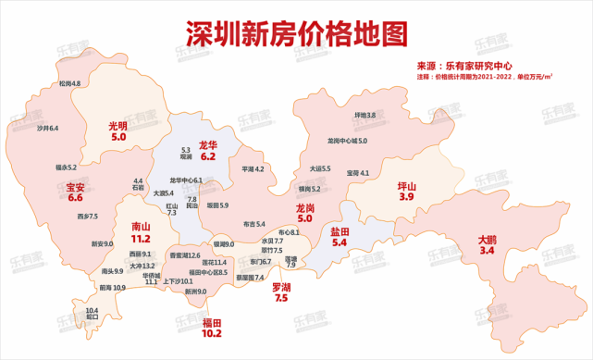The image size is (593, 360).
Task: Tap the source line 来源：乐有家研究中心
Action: click(473, 66)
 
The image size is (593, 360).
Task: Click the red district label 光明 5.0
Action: click(118, 130)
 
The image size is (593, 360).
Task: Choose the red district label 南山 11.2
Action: click(141, 231)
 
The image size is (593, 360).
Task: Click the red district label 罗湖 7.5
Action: click(282, 292)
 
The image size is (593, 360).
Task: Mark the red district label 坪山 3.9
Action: click(406, 192)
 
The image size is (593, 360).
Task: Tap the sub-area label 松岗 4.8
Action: click(68, 84)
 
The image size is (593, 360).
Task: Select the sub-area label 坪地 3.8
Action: click(364, 115)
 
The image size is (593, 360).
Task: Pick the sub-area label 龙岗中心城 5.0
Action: click(347, 141)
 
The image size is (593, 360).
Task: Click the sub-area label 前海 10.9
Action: click(113, 288)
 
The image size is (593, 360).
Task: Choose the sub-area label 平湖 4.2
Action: click(253, 169)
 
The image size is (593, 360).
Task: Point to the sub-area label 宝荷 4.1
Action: click(358, 173)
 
